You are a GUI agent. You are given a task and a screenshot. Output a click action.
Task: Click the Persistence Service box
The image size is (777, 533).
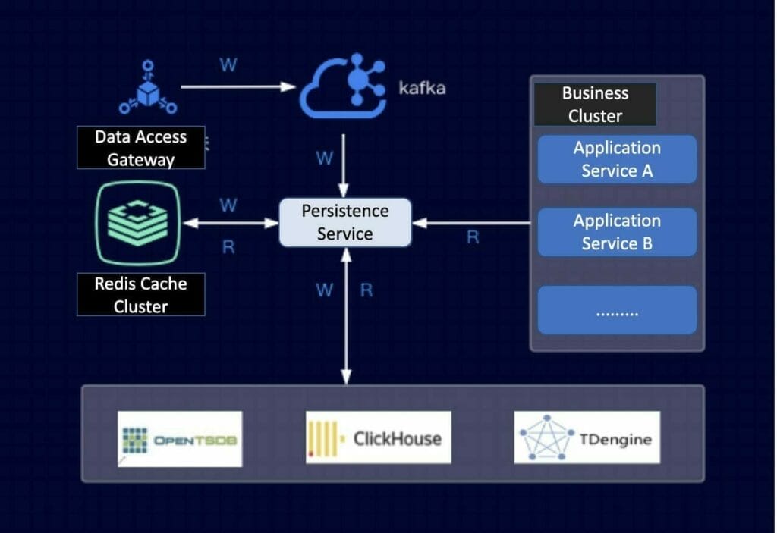(x=345, y=222)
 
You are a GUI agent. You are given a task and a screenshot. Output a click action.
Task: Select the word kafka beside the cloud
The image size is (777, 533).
(x=423, y=88)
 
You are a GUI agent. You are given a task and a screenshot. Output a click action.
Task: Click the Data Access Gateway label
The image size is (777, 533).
(x=140, y=148)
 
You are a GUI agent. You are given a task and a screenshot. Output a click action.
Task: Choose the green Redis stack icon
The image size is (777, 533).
(x=138, y=223)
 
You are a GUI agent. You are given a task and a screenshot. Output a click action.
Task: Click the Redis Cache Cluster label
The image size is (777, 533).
(x=140, y=295)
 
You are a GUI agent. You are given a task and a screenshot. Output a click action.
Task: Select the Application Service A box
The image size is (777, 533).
(x=617, y=159)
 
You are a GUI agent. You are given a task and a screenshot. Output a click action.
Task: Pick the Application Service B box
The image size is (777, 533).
(x=617, y=232)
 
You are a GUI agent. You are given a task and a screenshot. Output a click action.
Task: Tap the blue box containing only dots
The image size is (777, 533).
(x=617, y=310)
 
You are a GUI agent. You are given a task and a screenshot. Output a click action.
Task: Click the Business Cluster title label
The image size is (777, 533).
(x=595, y=105)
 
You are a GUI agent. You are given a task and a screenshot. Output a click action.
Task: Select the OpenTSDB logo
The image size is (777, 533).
(x=181, y=438)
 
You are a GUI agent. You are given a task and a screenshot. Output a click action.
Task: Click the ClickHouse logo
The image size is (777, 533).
(x=378, y=437)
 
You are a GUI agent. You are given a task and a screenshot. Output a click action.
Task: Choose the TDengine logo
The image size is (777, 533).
(x=587, y=437)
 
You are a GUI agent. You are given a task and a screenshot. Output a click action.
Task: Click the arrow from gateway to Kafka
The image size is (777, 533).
(x=238, y=87)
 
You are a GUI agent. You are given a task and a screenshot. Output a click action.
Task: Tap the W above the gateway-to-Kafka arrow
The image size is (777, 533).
(x=228, y=65)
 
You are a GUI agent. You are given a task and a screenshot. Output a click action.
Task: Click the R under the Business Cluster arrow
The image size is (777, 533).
(x=472, y=237)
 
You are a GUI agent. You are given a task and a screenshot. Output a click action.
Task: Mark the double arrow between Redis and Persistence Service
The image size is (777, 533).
(x=231, y=223)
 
